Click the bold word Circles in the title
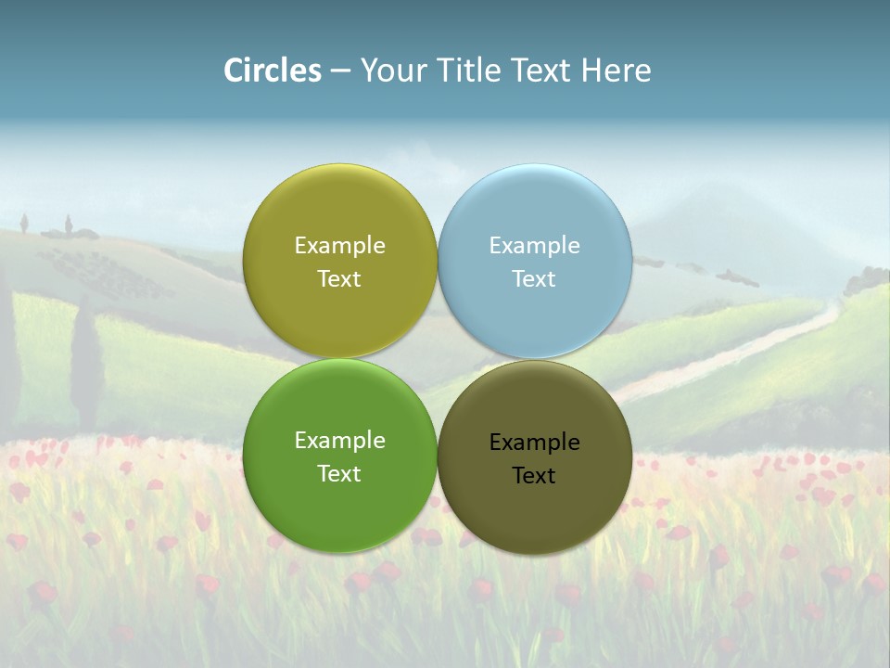[x=273, y=71]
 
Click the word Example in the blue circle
[x=534, y=246]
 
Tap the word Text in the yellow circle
[x=339, y=279]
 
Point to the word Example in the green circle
[x=339, y=441]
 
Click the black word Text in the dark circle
[x=534, y=476]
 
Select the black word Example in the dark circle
[x=534, y=443]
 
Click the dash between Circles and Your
[x=340, y=71]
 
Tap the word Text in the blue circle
[x=534, y=279]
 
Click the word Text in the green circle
[x=339, y=474]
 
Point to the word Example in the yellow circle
[x=339, y=246]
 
